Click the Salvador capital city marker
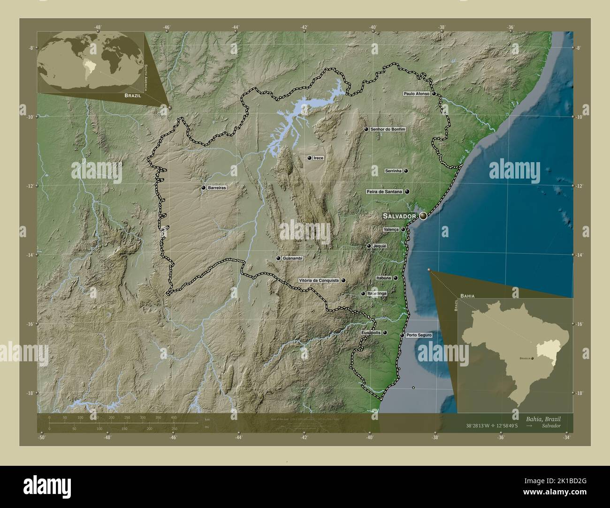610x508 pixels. (423, 216)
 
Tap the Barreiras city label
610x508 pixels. (217, 188)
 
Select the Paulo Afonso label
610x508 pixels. (416, 94)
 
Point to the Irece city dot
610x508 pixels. (309, 158)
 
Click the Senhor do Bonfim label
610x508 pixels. (387, 129)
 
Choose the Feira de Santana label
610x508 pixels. (384, 192)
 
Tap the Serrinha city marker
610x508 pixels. (406, 171)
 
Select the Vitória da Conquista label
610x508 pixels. (319, 281)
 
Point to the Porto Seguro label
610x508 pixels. (419, 336)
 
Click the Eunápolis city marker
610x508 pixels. (385, 333)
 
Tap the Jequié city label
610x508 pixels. (379, 246)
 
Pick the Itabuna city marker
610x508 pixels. (396, 278)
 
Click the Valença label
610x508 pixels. (391, 230)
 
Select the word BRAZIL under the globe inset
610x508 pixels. (133, 95)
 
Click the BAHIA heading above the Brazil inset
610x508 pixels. (467, 296)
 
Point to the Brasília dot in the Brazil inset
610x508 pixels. (532, 358)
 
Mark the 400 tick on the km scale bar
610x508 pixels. (174, 417)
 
